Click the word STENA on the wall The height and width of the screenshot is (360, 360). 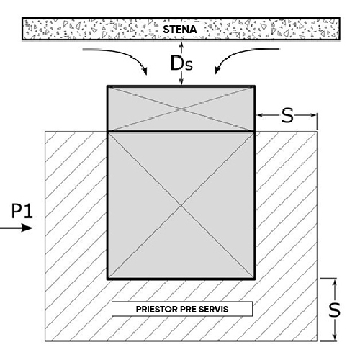180,30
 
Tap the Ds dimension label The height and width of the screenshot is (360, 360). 181,63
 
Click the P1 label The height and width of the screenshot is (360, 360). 22,211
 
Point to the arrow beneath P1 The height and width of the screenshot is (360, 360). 16,228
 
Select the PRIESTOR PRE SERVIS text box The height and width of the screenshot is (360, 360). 182,309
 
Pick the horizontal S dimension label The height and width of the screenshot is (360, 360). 287,115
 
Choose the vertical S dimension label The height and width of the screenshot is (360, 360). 334,310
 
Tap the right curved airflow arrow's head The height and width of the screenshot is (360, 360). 217,70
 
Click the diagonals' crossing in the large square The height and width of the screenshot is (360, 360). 181,205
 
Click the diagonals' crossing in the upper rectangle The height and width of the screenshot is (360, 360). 181,109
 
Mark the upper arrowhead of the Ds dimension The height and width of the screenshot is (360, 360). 181,45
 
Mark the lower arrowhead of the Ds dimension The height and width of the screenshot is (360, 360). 181,81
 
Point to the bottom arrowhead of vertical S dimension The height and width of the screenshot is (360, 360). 336,336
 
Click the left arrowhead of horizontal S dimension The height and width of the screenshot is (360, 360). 260,115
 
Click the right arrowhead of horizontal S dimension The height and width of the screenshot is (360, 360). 313,115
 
